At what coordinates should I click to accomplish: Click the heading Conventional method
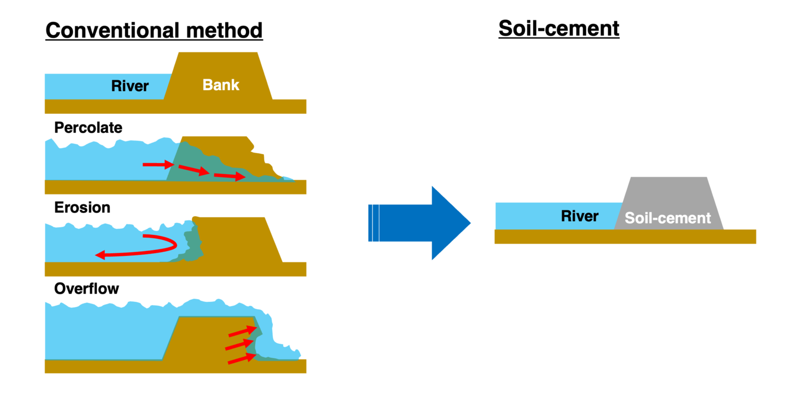pyautogui.click(x=153, y=30)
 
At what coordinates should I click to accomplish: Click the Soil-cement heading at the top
pyautogui.click(x=558, y=28)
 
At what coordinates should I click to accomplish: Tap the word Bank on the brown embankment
pyautogui.click(x=221, y=85)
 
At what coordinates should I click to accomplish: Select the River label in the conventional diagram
pyautogui.click(x=130, y=86)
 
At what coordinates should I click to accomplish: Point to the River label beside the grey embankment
pyautogui.click(x=579, y=216)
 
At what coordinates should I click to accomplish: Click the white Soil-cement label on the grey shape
pyautogui.click(x=667, y=218)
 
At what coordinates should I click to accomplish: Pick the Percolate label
pyautogui.click(x=88, y=128)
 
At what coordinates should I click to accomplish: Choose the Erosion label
pyautogui.click(x=82, y=207)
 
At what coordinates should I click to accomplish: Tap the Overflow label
pyautogui.click(x=86, y=289)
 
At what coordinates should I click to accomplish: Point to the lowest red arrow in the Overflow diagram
pyautogui.click(x=242, y=359)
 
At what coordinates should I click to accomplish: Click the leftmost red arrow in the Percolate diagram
pyautogui.click(x=157, y=164)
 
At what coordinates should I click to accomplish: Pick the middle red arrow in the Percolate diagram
pyautogui.click(x=194, y=170)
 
